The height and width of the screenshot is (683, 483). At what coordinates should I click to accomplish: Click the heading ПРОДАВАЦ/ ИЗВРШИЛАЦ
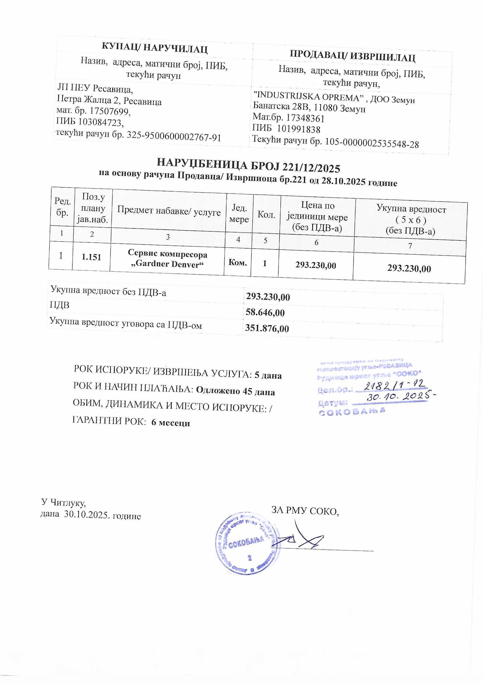(352, 56)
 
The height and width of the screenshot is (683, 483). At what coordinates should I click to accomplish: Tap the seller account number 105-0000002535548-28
(372, 144)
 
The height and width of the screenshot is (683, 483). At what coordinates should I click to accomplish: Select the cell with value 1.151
(91, 257)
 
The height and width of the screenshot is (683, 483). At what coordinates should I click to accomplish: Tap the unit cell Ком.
(237, 262)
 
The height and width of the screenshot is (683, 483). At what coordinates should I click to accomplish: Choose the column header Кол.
(266, 215)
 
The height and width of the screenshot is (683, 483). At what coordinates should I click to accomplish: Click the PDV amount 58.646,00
(265, 312)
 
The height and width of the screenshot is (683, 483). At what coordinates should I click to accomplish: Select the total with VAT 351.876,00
(267, 328)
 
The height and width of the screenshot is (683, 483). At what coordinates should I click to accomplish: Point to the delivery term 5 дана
(268, 376)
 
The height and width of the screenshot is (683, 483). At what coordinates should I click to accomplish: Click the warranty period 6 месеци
(171, 423)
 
